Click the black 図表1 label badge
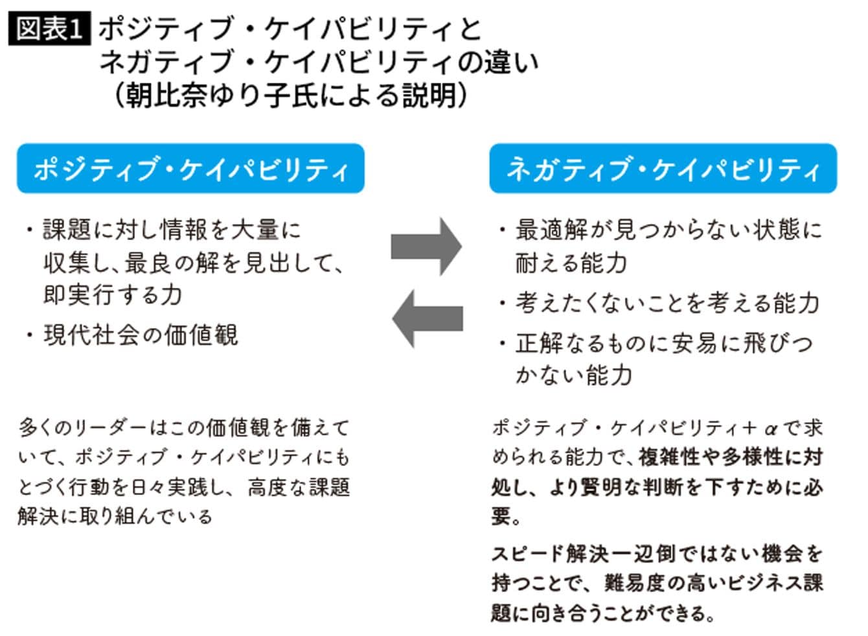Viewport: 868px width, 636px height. (49, 28)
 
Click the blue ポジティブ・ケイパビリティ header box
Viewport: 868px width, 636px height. (190, 169)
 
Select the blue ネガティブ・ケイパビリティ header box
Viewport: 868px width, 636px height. (663, 169)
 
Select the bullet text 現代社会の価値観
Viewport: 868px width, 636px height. (141, 335)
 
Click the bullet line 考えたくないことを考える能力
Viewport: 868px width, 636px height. (667, 303)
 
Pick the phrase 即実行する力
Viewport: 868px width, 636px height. (113, 295)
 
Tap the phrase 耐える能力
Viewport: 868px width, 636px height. (571, 263)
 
